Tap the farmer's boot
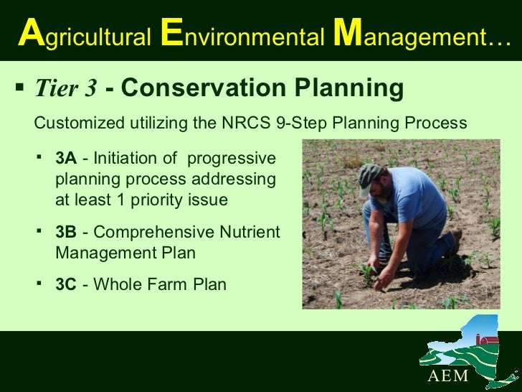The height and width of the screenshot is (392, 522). (453, 243)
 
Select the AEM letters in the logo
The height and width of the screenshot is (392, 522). (449, 377)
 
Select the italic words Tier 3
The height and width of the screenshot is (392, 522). (66, 88)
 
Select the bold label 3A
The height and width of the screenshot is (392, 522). (66, 157)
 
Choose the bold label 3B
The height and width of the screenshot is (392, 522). (66, 233)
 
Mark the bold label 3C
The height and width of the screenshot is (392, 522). (66, 284)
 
